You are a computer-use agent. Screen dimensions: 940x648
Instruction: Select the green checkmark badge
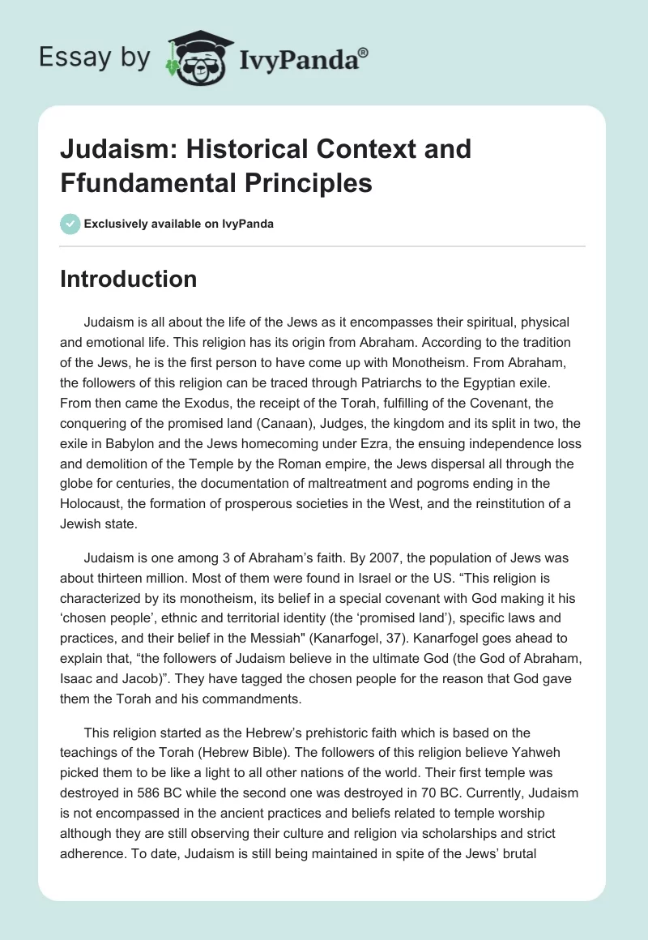tap(71, 224)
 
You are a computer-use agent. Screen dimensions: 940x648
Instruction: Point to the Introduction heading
tap(129, 279)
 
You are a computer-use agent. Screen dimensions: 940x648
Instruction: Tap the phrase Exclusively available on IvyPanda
tap(179, 224)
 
